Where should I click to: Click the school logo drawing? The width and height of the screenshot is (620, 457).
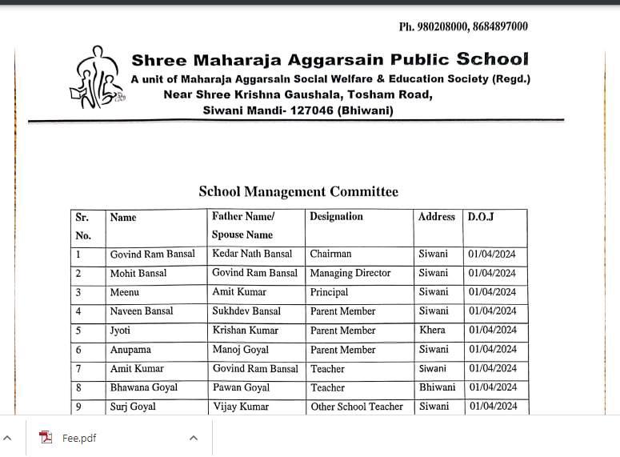coord(98,78)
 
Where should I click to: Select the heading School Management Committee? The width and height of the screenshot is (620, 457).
coord(298,191)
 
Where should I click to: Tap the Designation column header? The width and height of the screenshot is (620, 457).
coord(336,217)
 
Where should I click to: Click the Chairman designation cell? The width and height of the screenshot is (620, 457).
coord(330,254)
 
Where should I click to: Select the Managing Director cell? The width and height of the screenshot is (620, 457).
coord(350,273)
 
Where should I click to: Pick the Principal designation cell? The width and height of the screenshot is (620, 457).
coord(329,292)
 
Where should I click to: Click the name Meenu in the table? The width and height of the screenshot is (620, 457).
coord(124,292)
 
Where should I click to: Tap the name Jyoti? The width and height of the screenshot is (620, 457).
coord(120,331)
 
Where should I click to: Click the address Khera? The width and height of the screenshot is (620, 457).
coord(432,331)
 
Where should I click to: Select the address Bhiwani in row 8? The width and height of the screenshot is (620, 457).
coord(437,387)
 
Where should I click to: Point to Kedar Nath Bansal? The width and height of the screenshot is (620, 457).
coord(252,254)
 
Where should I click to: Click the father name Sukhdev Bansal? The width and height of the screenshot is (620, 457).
coord(246,311)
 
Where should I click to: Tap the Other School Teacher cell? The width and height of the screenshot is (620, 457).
coord(357,407)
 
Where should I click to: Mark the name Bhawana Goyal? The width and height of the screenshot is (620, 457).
coord(144,387)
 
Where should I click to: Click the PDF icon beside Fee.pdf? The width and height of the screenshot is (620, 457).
coord(46,438)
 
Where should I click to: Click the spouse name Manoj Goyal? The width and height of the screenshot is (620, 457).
coord(240,350)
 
